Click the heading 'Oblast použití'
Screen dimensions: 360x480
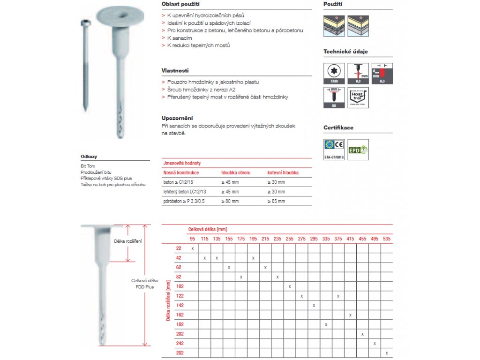click(x=177, y=4)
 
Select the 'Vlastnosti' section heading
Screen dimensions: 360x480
click(x=175, y=70)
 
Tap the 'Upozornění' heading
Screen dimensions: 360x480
click(x=177, y=118)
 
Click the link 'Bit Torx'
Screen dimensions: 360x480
click(x=88, y=166)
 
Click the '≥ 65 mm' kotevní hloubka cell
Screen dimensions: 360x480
click(x=276, y=201)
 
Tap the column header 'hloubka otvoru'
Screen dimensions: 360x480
click(x=236, y=173)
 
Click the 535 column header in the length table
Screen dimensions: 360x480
click(x=386, y=239)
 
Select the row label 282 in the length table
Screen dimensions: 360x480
click(x=180, y=353)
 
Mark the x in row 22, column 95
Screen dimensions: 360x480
click(x=192, y=248)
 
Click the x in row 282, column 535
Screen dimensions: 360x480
click(x=387, y=353)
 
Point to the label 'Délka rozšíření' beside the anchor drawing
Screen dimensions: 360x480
click(x=128, y=241)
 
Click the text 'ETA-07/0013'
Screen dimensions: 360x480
click(x=334, y=158)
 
